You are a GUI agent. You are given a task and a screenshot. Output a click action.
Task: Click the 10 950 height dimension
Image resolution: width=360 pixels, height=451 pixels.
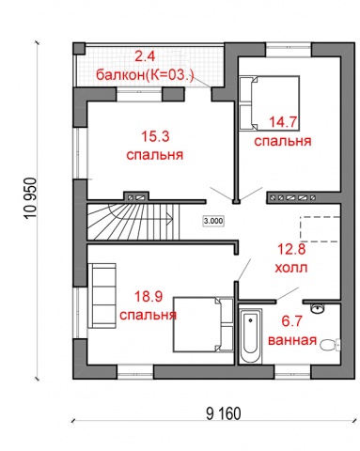pos(32,199)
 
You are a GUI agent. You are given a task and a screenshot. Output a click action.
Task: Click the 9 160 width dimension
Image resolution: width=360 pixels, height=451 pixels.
pos(224,413)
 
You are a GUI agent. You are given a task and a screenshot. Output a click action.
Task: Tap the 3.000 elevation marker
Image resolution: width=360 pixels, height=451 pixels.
pos(213,221)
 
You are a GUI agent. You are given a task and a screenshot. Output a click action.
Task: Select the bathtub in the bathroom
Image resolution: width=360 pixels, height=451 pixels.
pos(250,335)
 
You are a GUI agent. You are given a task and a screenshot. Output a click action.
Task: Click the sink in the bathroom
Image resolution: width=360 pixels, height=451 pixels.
pos(318,308)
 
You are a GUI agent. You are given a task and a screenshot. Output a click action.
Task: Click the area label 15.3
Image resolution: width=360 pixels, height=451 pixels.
pos(155,137)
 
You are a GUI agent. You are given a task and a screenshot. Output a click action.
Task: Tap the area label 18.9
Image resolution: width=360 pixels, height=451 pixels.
pos(149,296)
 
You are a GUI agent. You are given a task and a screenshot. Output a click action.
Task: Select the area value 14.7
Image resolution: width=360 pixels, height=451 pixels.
pos(283,122)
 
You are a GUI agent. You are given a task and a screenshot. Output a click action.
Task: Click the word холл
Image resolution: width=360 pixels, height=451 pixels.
pos(291,268)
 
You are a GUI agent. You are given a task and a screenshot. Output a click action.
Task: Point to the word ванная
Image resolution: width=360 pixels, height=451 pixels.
pos(292,340)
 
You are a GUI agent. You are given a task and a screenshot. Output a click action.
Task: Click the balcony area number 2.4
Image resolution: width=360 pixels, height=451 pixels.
pos(145,56)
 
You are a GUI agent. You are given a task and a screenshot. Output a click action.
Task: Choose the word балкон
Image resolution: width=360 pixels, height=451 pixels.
pos(119,75)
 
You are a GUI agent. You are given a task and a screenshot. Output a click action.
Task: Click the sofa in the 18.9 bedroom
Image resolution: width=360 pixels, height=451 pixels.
pos(102,296)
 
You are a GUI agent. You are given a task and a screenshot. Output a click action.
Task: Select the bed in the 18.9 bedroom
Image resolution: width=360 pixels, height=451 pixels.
pos(204,324)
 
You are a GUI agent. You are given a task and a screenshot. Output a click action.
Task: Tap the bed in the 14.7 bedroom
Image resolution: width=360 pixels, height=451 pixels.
pos(270,102)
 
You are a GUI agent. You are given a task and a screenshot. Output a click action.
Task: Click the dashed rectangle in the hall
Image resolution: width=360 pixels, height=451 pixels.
pos(320,229)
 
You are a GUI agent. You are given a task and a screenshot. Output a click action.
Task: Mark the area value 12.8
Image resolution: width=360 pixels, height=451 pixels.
pos(291,250)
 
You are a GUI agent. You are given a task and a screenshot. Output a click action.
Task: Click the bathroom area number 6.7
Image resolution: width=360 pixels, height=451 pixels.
pos(291,321)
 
